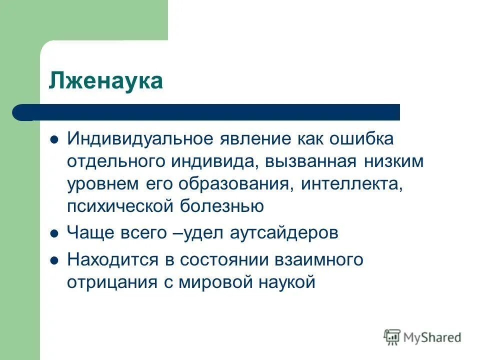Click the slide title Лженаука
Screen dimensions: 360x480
pyautogui.click(x=106, y=81)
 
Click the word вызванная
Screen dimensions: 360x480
pyautogui.click(x=310, y=162)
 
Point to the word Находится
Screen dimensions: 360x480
pyautogui.click(x=111, y=260)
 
